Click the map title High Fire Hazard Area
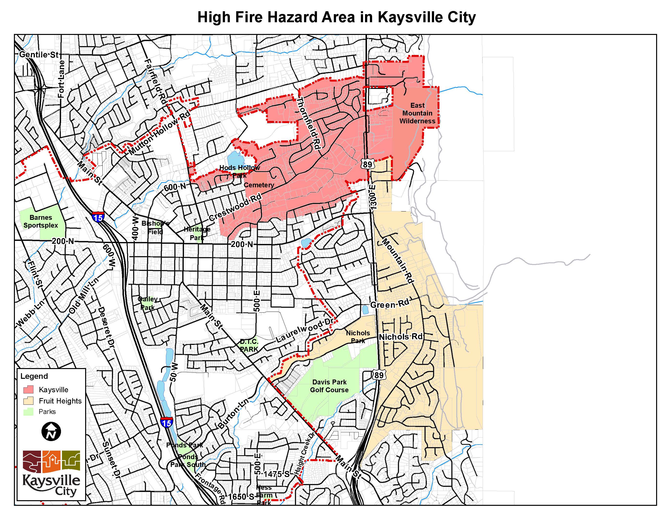point(336,17)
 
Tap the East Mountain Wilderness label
point(417,113)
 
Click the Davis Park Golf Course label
point(329,386)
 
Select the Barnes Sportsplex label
point(41,221)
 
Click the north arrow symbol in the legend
point(51,431)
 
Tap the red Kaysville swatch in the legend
point(28,390)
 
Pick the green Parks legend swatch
point(28,412)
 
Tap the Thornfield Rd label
point(308,123)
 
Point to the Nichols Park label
point(358,337)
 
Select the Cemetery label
point(259,185)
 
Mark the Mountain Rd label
point(398,260)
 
